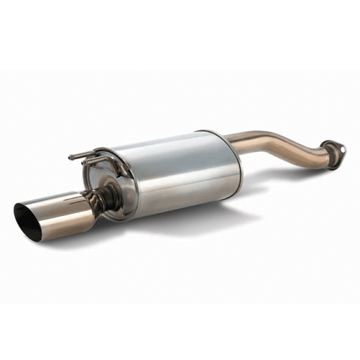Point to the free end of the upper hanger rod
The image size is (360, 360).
click(71, 156)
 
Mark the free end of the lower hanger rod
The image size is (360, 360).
click(85, 163)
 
